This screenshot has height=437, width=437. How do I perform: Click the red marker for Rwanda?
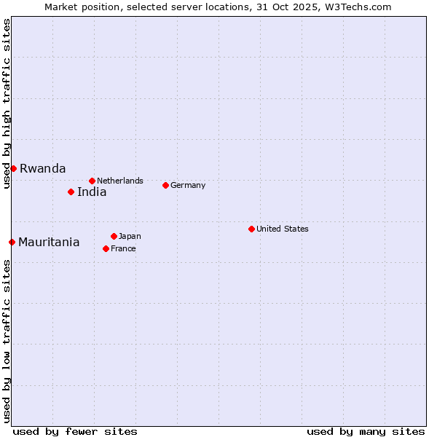(x=13, y=168)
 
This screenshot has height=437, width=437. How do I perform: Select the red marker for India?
(x=71, y=192)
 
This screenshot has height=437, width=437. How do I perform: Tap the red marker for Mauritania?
(x=12, y=242)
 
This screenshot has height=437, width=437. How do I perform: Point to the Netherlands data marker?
(x=92, y=181)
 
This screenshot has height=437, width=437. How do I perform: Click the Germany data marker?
(x=165, y=185)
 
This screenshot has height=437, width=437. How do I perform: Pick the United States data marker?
(x=251, y=229)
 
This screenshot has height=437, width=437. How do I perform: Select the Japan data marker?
(x=114, y=236)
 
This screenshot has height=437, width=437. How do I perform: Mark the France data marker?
(x=106, y=248)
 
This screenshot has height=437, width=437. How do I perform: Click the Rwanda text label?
(x=43, y=168)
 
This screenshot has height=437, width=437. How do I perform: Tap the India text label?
(x=92, y=192)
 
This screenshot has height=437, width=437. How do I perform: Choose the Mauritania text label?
(x=49, y=243)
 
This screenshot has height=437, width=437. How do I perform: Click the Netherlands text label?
(x=120, y=181)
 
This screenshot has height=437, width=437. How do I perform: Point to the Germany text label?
(x=188, y=185)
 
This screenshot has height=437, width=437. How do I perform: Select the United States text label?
(x=283, y=229)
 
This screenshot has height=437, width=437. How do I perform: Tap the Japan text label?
(x=130, y=236)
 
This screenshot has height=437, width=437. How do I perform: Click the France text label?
(x=123, y=248)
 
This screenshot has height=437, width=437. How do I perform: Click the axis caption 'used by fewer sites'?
(x=75, y=431)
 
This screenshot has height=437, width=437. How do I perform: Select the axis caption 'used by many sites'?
(x=366, y=431)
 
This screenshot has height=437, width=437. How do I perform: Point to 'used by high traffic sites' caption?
(x=7, y=104)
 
